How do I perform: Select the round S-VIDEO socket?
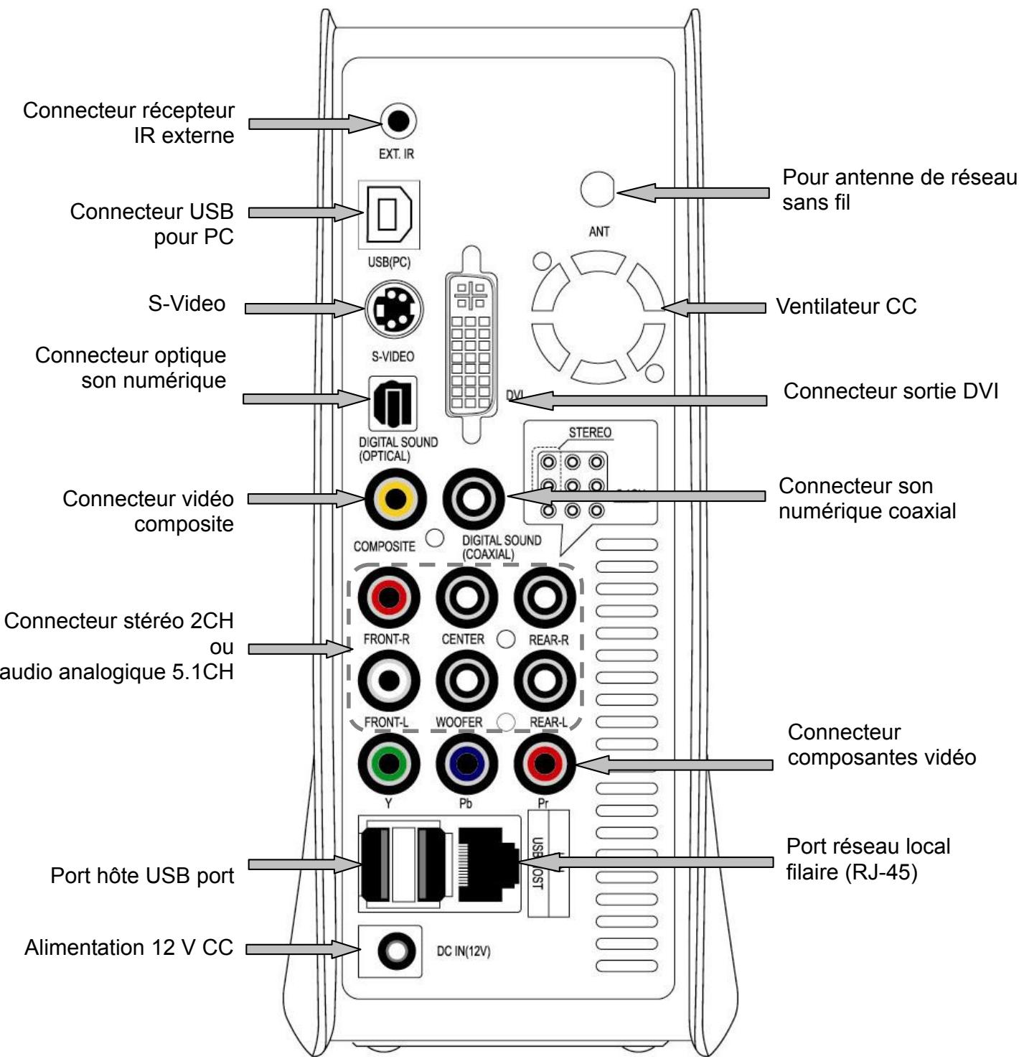394,309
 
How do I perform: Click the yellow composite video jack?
395,498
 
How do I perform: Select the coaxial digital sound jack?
474,498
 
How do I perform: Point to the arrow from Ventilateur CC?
713,307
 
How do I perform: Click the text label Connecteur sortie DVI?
890,392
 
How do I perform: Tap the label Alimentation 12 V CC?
129,948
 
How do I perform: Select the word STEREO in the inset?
590,433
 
